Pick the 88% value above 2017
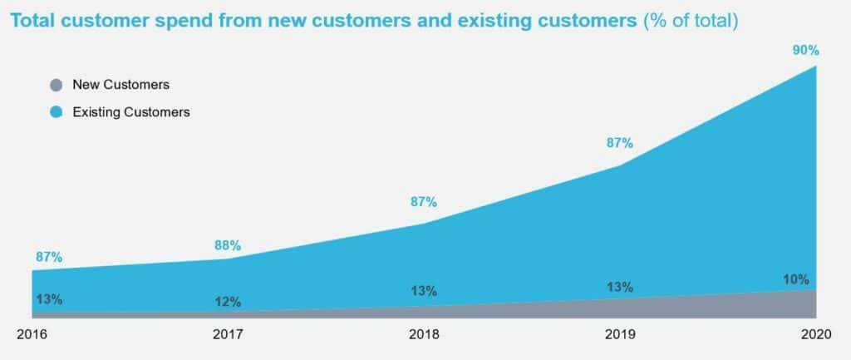227,245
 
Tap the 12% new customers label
227,302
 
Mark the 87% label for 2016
49,257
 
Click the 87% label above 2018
423,202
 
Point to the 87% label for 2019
619,143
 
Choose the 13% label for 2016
49,299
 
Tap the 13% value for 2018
424,291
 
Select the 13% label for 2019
619,287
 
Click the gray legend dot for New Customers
57,85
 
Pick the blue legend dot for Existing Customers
57,111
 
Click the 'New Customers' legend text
121,85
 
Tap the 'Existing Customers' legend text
131,111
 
